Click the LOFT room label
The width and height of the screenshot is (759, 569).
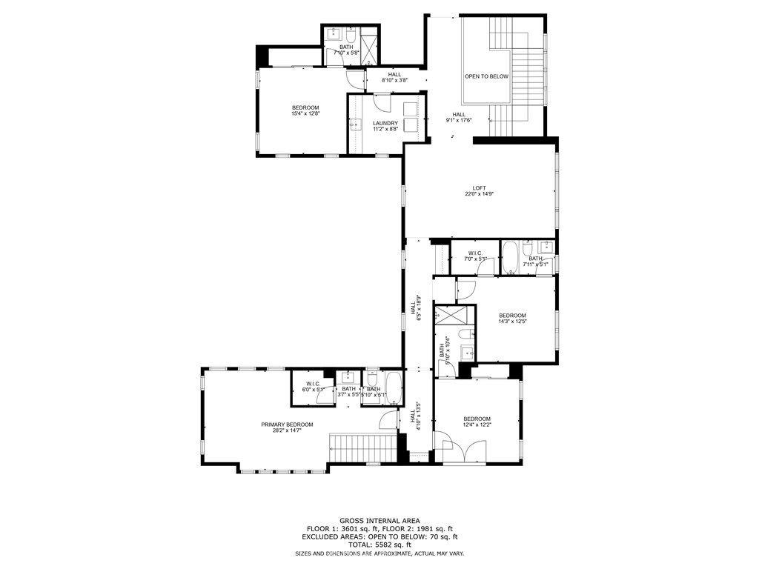[x=479, y=190]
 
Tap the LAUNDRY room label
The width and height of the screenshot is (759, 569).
[x=385, y=124]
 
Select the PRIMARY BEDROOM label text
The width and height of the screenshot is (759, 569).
[x=287, y=425]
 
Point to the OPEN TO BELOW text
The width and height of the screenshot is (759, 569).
[x=486, y=76]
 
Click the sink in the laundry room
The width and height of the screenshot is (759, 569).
[x=354, y=124]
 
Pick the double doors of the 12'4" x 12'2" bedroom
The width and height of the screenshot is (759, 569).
[x=460, y=447]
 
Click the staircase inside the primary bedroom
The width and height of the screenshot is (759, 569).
[x=363, y=448]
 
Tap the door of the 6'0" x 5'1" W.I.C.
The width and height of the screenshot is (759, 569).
[x=324, y=398]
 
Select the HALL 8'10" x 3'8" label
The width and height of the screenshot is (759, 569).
[x=394, y=77]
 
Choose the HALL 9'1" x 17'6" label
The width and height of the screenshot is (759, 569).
[x=459, y=117]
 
